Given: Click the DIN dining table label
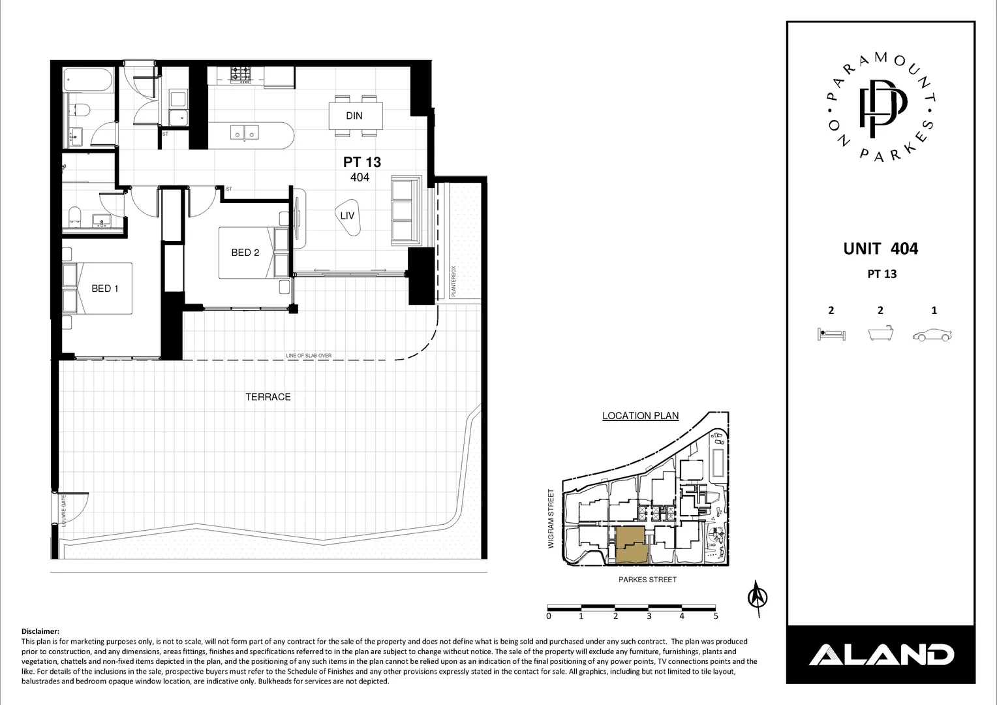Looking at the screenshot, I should [354, 116].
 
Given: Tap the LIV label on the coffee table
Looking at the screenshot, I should [347, 214].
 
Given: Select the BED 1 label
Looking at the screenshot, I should [104, 289].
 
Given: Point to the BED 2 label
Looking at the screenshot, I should [245, 253].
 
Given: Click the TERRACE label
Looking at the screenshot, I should [268, 397].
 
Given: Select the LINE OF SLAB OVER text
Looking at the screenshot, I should [309, 356].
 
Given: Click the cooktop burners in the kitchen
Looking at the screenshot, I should [241, 74].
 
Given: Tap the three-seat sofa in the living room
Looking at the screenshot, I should [405, 210].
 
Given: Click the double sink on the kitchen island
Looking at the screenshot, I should [245, 133].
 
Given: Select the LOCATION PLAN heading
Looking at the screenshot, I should [640, 416].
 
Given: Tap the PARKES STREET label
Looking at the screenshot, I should [647, 580].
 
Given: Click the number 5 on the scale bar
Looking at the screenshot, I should [716, 616].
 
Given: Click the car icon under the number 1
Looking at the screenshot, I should [933, 335].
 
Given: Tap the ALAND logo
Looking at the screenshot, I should [881, 654].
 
